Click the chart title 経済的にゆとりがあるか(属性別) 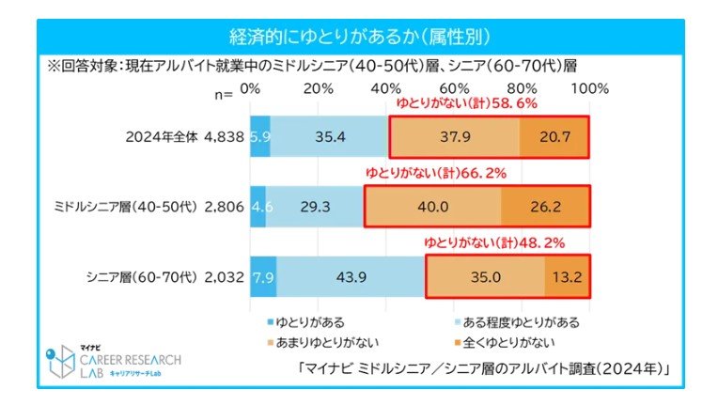click(360, 36)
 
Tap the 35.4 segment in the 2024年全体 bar click(329, 136)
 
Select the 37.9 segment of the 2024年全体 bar click(454, 136)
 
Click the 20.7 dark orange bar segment click(554, 136)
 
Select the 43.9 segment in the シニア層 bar click(351, 277)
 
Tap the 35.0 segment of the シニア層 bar click(484, 277)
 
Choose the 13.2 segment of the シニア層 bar click(567, 277)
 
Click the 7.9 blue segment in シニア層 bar click(263, 277)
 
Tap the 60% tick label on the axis click(454, 88)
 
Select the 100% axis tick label click(589, 88)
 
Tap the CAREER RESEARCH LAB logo click(117, 362)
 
